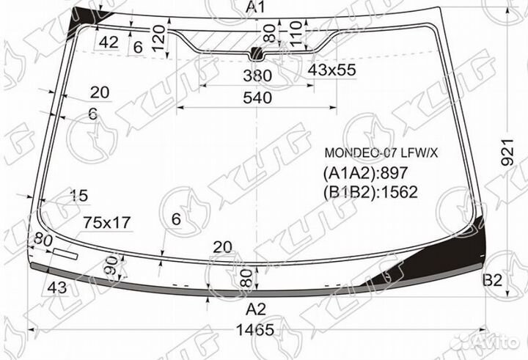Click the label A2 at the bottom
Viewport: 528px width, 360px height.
pyautogui.click(x=256, y=307)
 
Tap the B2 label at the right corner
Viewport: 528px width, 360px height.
pyautogui.click(x=492, y=280)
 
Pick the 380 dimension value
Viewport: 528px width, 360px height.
pyautogui.click(x=256, y=76)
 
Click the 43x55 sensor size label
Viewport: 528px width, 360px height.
pyautogui.click(x=331, y=70)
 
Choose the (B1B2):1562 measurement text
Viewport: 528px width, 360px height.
pyautogui.click(x=370, y=192)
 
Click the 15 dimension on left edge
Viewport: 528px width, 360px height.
pyautogui.click(x=78, y=195)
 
